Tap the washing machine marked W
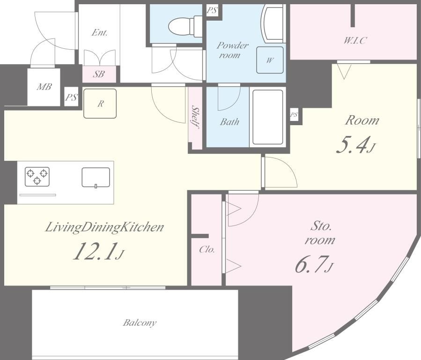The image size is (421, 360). (x=270, y=60)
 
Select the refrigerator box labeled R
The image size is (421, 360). (x=100, y=104)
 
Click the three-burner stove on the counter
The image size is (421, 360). (x=37, y=177)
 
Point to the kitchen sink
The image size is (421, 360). (x=96, y=177)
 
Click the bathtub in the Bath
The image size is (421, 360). (x=267, y=117)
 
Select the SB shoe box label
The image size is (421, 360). (x=99, y=74)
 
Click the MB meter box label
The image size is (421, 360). (x=44, y=87)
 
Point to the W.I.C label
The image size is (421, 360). (x=355, y=41)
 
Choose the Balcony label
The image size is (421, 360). (x=140, y=322)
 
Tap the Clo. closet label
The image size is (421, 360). (x=207, y=250)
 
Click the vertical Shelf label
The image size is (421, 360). (x=195, y=118)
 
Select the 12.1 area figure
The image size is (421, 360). (x=96, y=251)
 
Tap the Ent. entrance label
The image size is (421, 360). (x=99, y=33)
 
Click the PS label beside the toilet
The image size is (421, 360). (x=212, y=10)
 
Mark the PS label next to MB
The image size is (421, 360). (x=72, y=97)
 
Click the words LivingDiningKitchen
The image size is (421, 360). (x=104, y=227)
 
